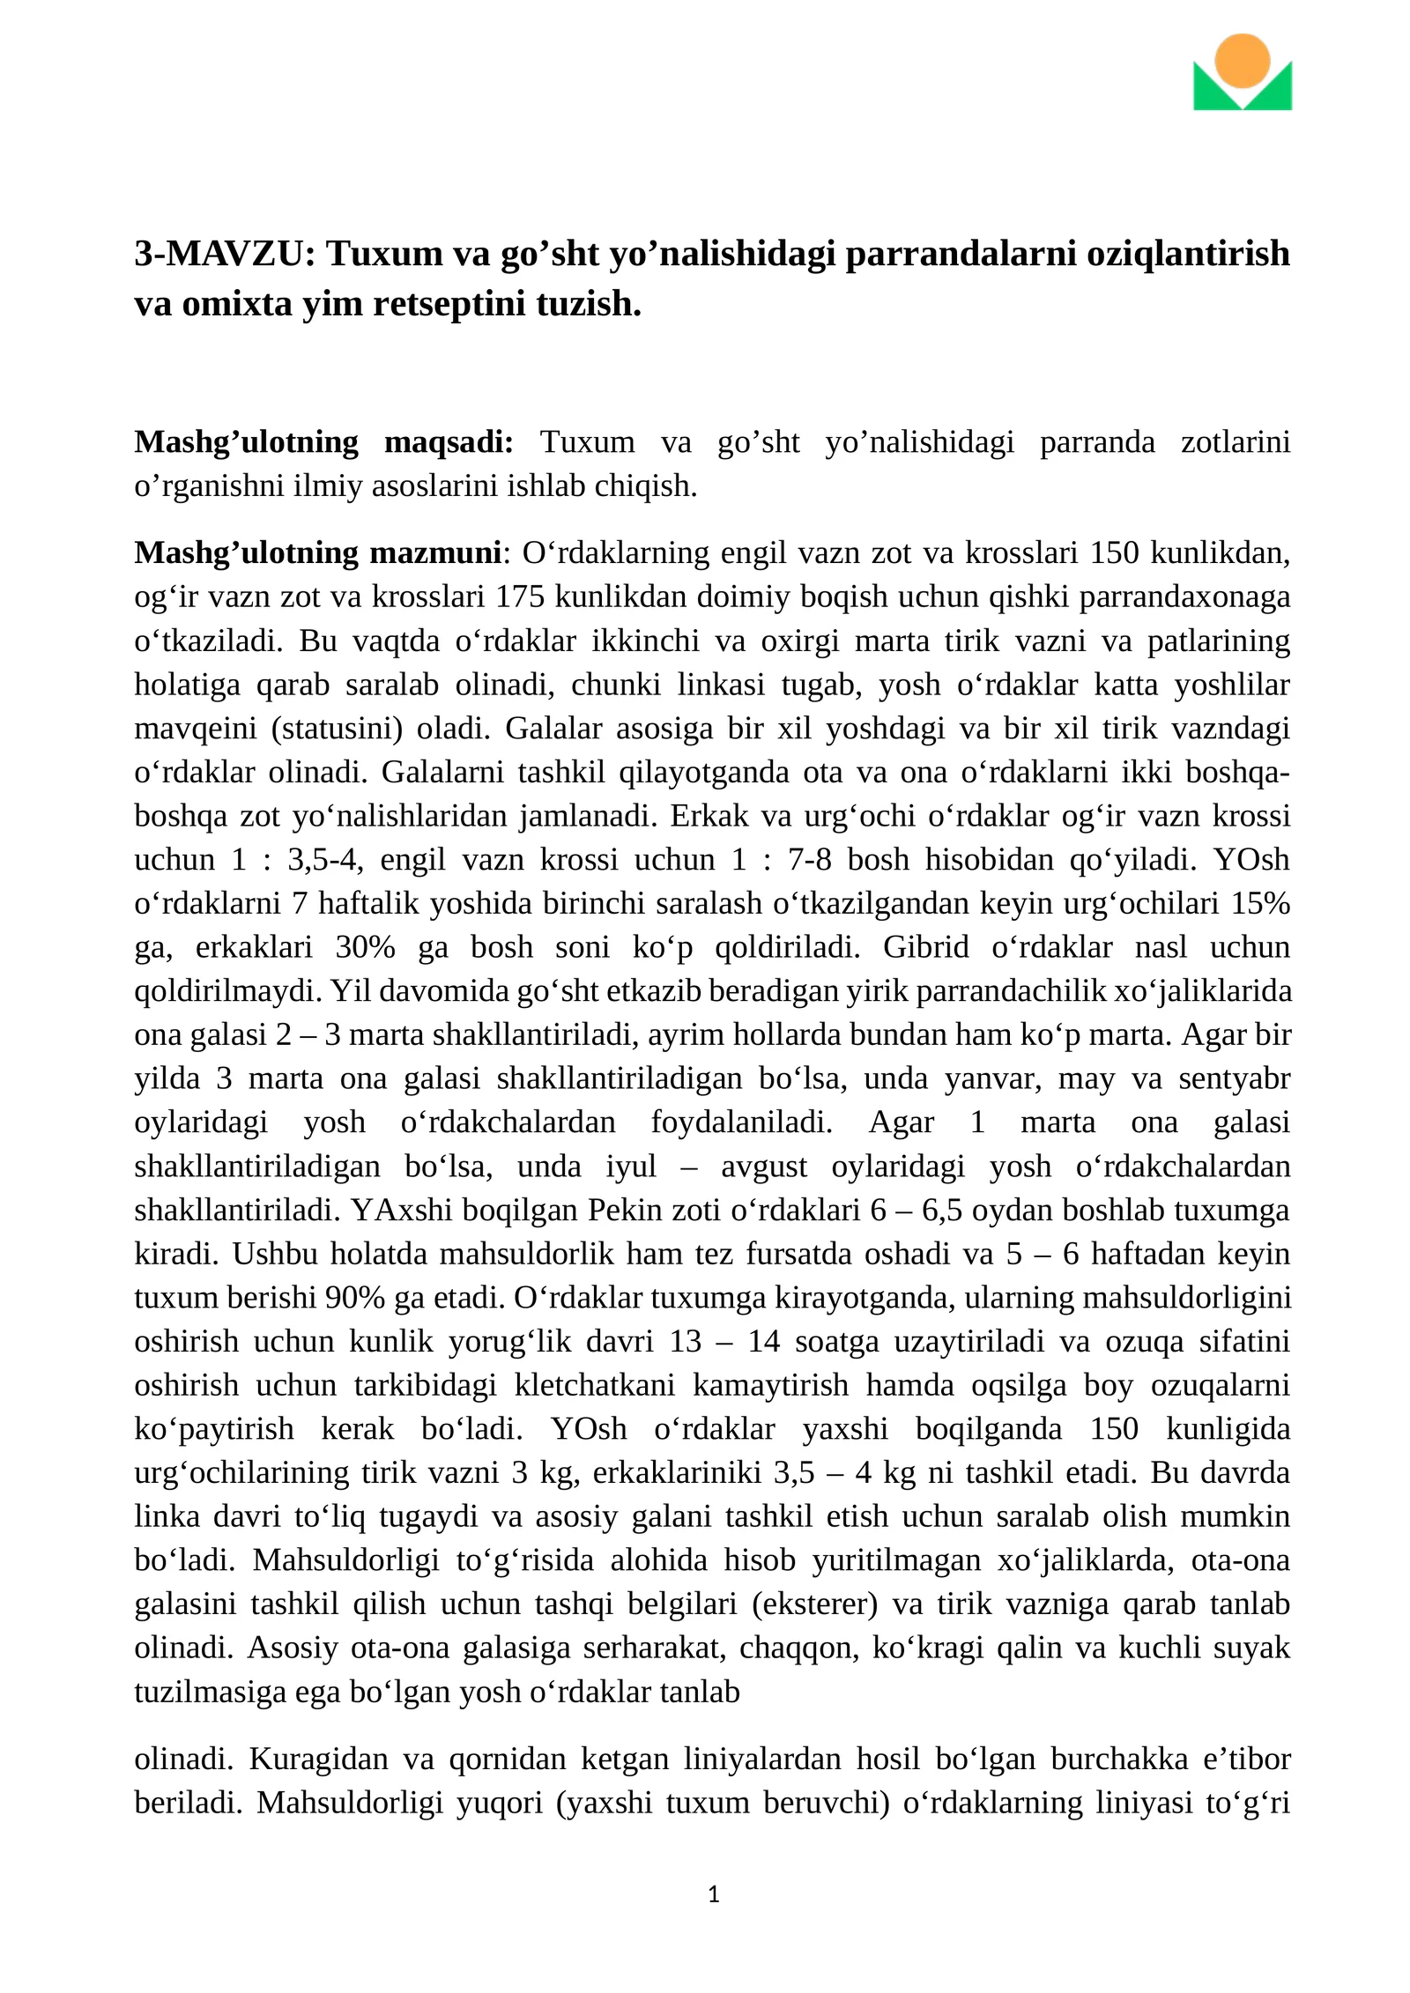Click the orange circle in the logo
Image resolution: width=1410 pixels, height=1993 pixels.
coord(1242,60)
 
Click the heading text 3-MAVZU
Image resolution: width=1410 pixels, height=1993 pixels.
coord(224,254)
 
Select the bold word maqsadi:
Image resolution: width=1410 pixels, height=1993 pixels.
coord(449,441)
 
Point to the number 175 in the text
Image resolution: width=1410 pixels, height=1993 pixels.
coord(516,596)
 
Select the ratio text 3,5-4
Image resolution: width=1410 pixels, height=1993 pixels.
coord(325,859)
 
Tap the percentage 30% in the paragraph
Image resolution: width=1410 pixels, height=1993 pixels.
coord(365,947)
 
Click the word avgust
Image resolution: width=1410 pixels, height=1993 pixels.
coord(763,1167)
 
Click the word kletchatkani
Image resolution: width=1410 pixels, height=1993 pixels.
coord(595,1385)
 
